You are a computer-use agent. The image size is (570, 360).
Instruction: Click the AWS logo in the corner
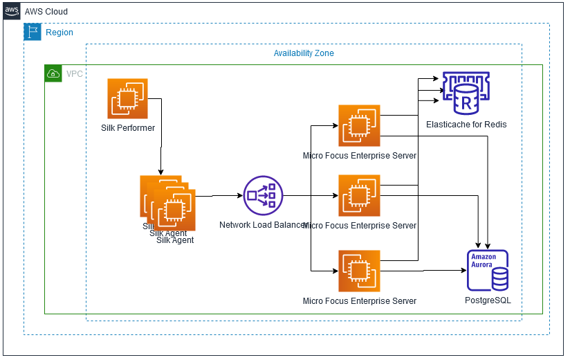pos(12,12)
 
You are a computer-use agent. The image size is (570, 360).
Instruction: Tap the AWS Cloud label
pos(46,12)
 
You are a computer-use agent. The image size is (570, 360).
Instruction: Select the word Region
pos(59,33)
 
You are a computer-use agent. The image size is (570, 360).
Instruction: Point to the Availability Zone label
pos(304,53)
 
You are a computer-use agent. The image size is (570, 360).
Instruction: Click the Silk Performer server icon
pos(127,98)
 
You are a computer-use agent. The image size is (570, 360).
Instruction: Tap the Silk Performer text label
pos(128,128)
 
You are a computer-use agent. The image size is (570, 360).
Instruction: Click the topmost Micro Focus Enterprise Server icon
pos(359,125)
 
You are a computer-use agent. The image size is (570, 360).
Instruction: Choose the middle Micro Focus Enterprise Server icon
pos(359,195)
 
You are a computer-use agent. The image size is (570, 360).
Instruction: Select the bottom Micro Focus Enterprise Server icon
pos(359,271)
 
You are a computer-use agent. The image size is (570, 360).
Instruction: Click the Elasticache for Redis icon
pos(466,93)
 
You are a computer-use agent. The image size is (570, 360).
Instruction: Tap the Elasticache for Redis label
pos(466,125)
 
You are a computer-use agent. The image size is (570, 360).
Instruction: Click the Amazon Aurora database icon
pos(488,271)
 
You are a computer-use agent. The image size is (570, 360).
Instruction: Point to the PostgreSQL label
pos(488,301)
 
